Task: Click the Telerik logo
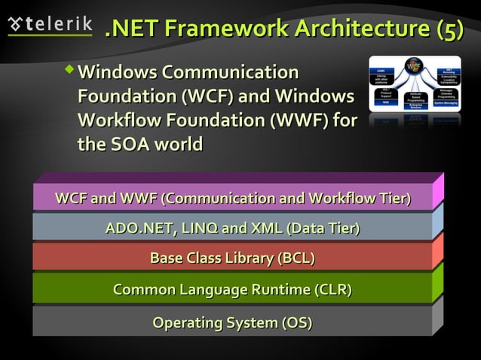coord(50,24)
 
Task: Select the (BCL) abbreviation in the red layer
coord(296,259)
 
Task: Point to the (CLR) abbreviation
coord(331,290)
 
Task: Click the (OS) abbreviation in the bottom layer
coord(296,323)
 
